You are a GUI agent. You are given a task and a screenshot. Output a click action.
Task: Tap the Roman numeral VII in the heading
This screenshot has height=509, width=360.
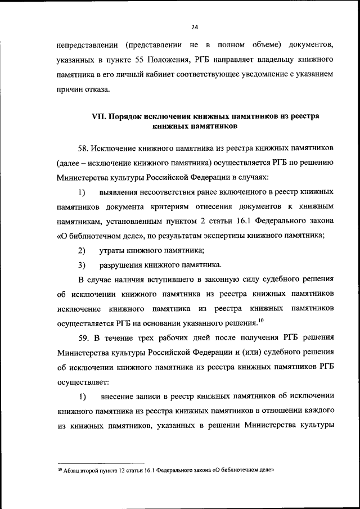pyautogui.click(x=99, y=116)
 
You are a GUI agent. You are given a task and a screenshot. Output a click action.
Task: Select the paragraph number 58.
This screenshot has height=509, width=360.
pyautogui.click(x=84, y=147)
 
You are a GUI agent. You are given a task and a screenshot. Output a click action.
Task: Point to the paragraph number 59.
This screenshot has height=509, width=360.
pyautogui.click(x=84, y=337)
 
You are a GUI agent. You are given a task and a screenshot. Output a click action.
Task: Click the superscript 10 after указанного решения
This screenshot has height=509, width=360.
pyautogui.click(x=260, y=321)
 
